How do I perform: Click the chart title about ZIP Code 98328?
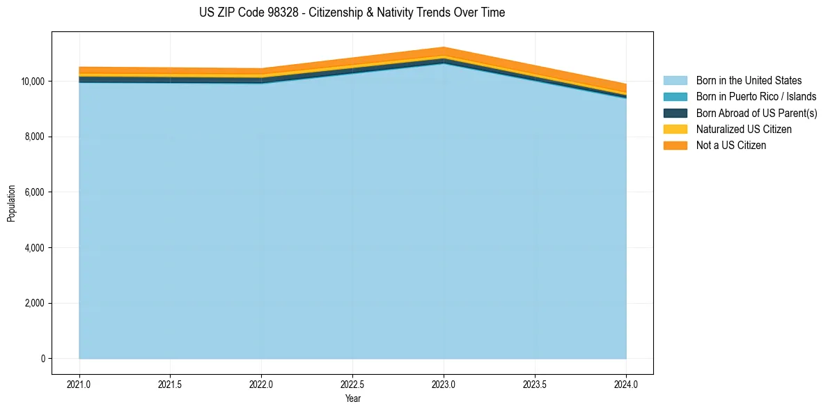click(352, 13)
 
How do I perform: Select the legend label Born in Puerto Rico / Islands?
click(756, 97)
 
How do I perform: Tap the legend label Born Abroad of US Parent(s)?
click(756, 113)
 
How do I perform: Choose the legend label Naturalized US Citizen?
click(744, 129)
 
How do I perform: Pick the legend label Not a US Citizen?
click(731, 145)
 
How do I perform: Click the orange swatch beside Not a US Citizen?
click(675, 145)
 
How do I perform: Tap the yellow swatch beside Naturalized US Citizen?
click(675, 129)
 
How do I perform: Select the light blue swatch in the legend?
click(675, 81)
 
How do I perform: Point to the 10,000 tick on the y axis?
click(32, 82)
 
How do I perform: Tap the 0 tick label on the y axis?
click(42, 359)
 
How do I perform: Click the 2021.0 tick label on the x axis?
click(79, 383)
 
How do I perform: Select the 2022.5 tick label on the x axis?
click(352, 383)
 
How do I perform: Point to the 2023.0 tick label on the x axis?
click(444, 383)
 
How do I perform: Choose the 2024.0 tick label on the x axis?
click(626, 383)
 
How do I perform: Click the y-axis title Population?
click(11, 203)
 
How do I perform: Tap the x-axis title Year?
click(352, 398)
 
